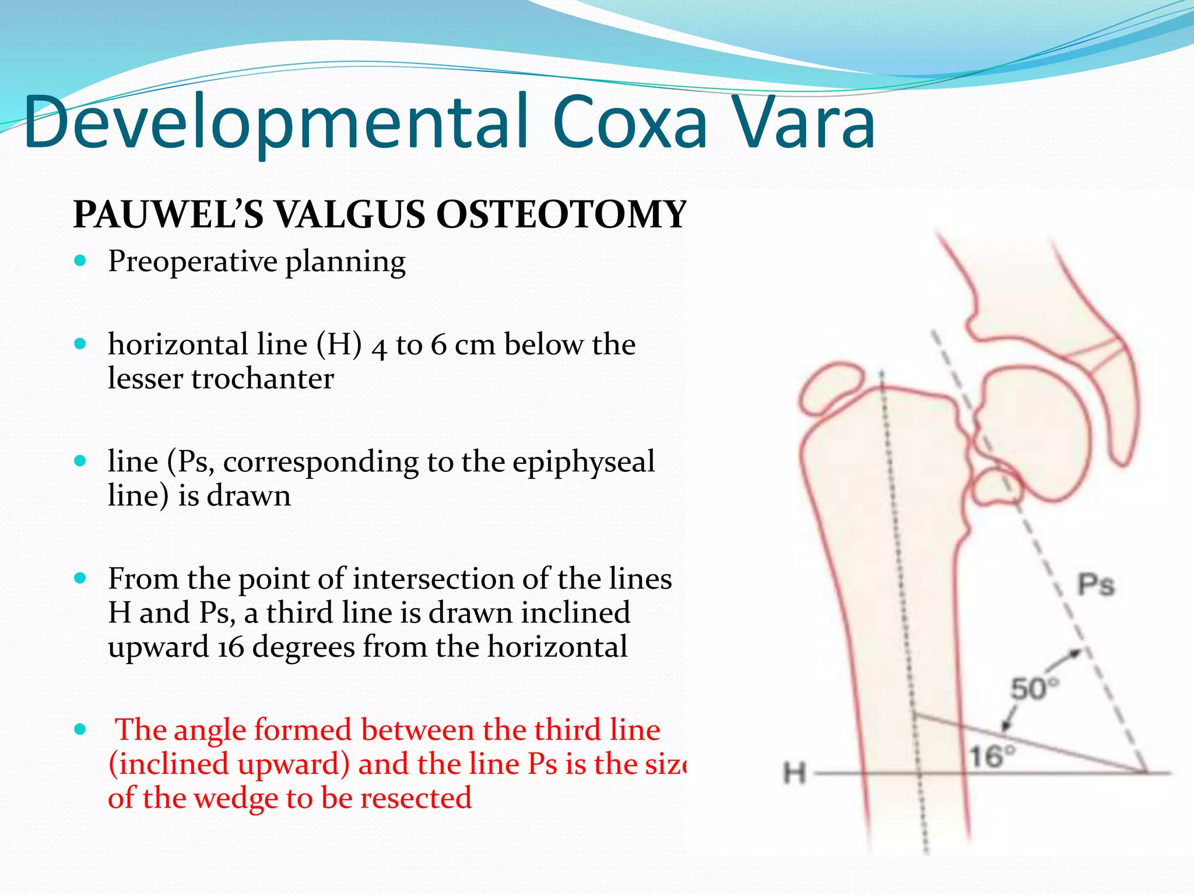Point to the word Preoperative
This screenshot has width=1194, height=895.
(192, 262)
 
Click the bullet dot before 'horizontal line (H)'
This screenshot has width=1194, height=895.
(80, 344)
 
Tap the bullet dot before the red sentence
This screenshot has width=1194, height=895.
(80, 730)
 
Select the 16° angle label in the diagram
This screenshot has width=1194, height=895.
(991, 756)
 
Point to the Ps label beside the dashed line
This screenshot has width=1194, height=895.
(1095, 584)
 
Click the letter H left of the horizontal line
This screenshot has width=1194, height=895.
(794, 774)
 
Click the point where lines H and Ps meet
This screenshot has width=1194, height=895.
(1146, 773)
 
